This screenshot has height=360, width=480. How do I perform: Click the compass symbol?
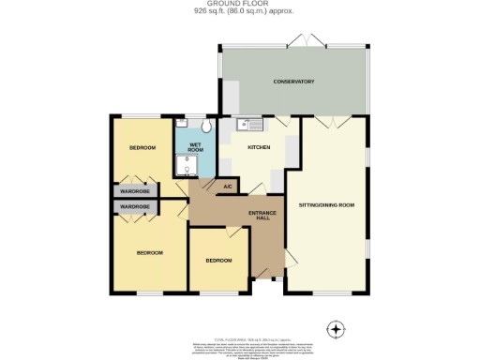click(x=337, y=329)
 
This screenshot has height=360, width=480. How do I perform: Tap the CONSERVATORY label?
click(x=292, y=82)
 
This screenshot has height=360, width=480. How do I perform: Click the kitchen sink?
click(x=251, y=123)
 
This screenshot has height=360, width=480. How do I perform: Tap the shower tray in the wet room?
click(x=186, y=165)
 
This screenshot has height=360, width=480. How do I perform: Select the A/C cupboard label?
click(x=227, y=187)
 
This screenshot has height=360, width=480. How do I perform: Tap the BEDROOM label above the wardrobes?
click(x=142, y=149)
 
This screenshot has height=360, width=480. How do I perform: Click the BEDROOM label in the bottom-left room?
click(x=150, y=252)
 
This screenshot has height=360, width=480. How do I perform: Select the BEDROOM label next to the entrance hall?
click(x=218, y=260)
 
